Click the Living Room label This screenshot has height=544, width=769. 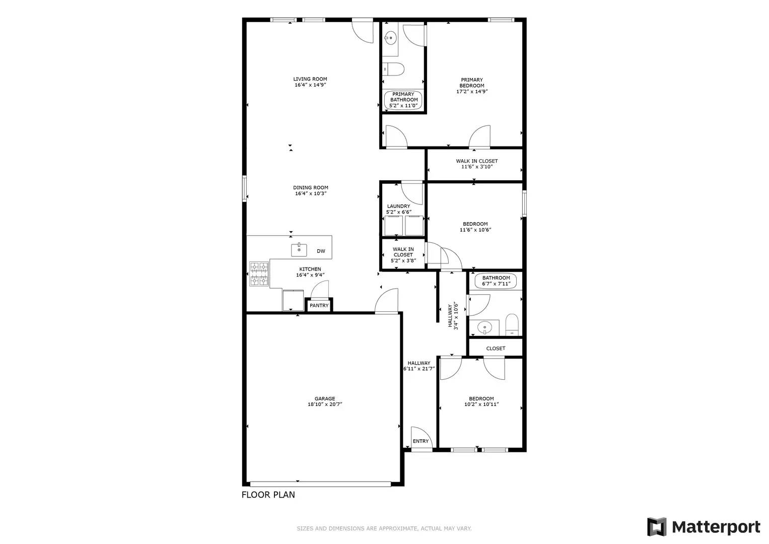[310, 79]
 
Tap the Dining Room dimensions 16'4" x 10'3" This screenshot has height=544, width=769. [311, 193]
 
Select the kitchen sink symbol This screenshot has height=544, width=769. [299, 250]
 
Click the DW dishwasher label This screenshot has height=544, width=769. [321, 251]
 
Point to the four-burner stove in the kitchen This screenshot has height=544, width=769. [259, 274]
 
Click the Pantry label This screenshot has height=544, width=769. [319, 305]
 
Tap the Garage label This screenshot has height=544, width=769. [325, 399]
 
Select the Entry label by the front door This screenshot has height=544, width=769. [421, 441]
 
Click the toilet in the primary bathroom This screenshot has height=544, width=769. [393, 69]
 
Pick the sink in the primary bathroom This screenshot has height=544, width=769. [390, 38]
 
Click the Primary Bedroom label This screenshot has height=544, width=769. [472, 83]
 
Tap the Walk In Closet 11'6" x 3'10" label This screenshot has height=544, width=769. [477, 164]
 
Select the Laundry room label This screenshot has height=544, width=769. [398, 206]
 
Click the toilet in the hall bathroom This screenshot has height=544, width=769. [512, 324]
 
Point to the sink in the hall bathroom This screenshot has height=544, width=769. [484, 327]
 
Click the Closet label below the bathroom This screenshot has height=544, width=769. [496, 348]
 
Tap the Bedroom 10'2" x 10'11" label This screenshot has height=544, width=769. [481, 401]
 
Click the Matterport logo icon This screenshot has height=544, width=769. [657, 526]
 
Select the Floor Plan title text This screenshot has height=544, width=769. [268, 495]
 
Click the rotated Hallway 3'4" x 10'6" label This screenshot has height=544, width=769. [453, 316]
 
